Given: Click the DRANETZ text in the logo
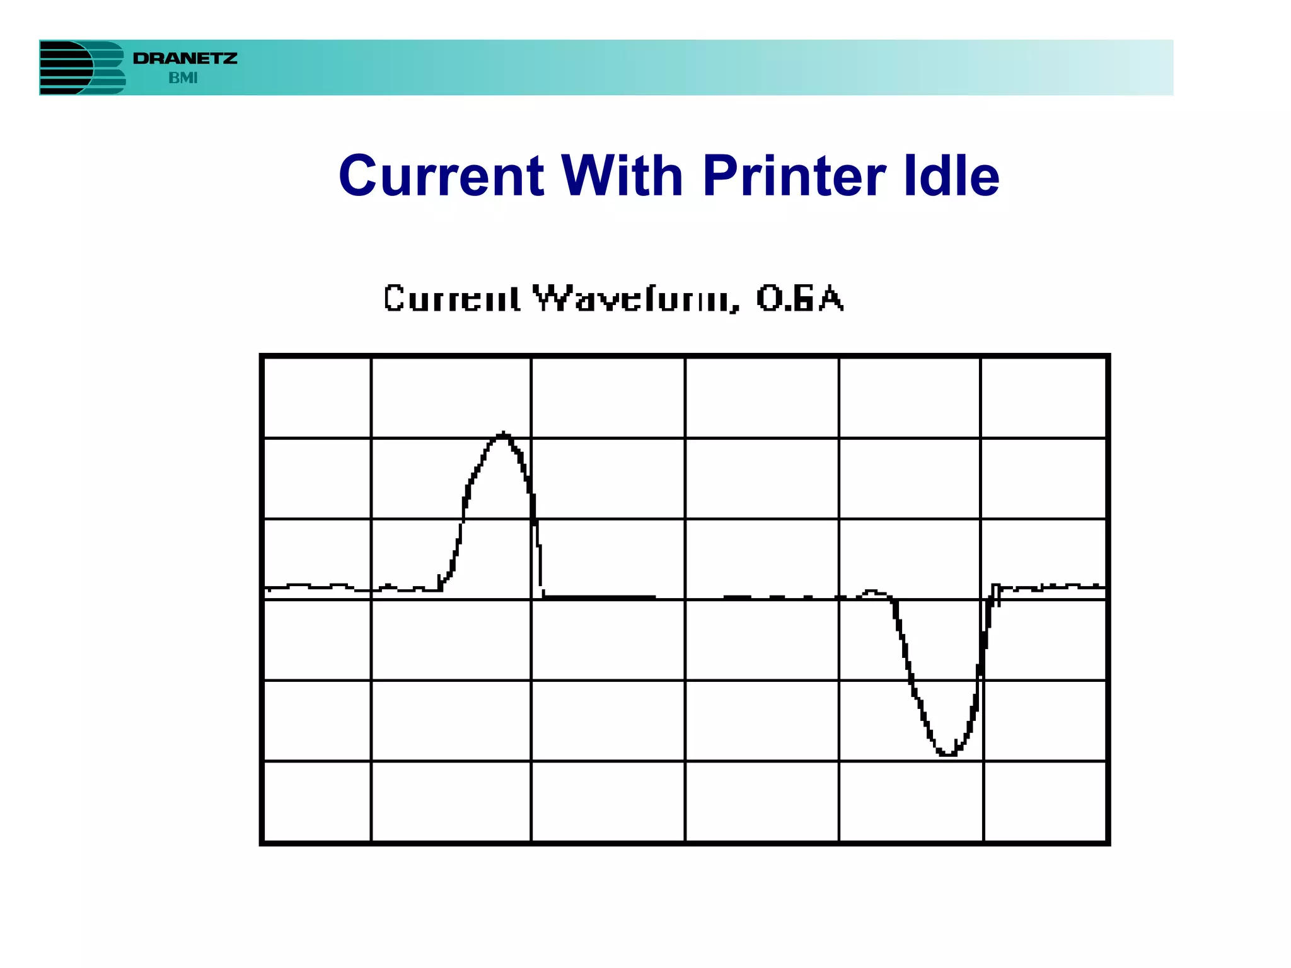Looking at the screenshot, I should [x=185, y=59].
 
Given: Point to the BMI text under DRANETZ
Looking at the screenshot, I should [x=183, y=78].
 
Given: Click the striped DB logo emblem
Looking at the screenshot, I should [x=82, y=67].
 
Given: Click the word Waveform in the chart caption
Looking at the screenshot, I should [x=635, y=299].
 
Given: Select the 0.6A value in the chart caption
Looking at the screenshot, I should [x=799, y=299].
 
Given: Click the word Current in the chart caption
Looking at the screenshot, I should [x=452, y=299].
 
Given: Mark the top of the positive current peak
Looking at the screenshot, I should [x=503, y=434].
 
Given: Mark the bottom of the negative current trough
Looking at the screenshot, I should [x=947, y=752].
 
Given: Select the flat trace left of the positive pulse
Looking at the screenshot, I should [x=328, y=587].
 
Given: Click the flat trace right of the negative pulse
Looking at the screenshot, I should [x=1053, y=587].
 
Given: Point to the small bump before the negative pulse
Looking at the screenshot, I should [x=872, y=592].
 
